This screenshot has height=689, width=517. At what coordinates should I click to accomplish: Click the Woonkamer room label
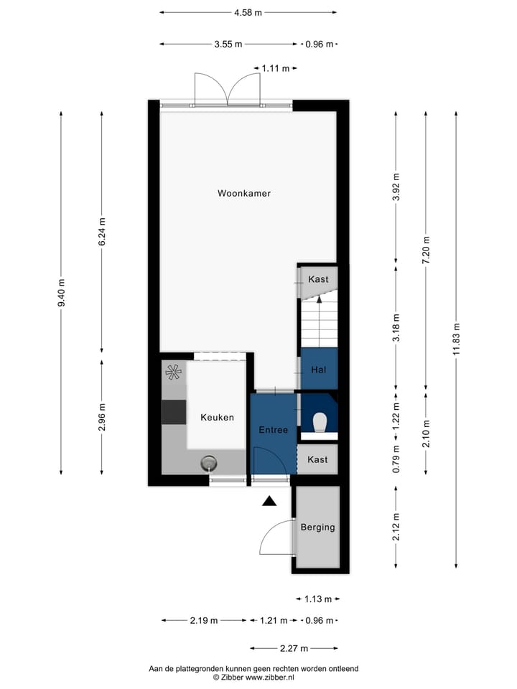[x=244, y=193]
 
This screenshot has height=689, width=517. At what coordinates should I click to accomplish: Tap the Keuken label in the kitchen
[x=217, y=417]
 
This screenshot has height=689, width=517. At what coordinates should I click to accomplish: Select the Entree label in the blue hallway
[x=273, y=430]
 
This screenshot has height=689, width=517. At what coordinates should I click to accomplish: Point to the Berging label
[x=318, y=527]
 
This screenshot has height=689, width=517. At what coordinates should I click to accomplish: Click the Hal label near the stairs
[x=319, y=370]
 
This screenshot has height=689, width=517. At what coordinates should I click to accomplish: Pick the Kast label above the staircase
[x=318, y=278]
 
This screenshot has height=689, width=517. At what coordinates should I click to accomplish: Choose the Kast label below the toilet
[x=317, y=459]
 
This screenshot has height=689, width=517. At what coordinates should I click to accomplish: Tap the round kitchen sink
[x=209, y=463]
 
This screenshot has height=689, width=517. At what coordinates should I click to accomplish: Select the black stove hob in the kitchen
[x=174, y=412]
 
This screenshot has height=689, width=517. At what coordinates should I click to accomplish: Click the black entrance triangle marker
[x=269, y=502]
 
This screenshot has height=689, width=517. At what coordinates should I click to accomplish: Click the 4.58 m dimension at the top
[x=248, y=12]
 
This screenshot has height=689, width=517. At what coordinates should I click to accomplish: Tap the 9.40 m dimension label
[x=62, y=293]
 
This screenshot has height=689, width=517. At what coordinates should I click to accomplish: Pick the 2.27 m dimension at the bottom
[x=293, y=648]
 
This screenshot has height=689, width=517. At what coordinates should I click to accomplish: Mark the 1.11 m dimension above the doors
[x=276, y=68]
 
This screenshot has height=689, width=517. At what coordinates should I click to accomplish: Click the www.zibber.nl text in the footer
[x=270, y=677]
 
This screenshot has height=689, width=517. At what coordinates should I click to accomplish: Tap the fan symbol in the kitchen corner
[x=173, y=372]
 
